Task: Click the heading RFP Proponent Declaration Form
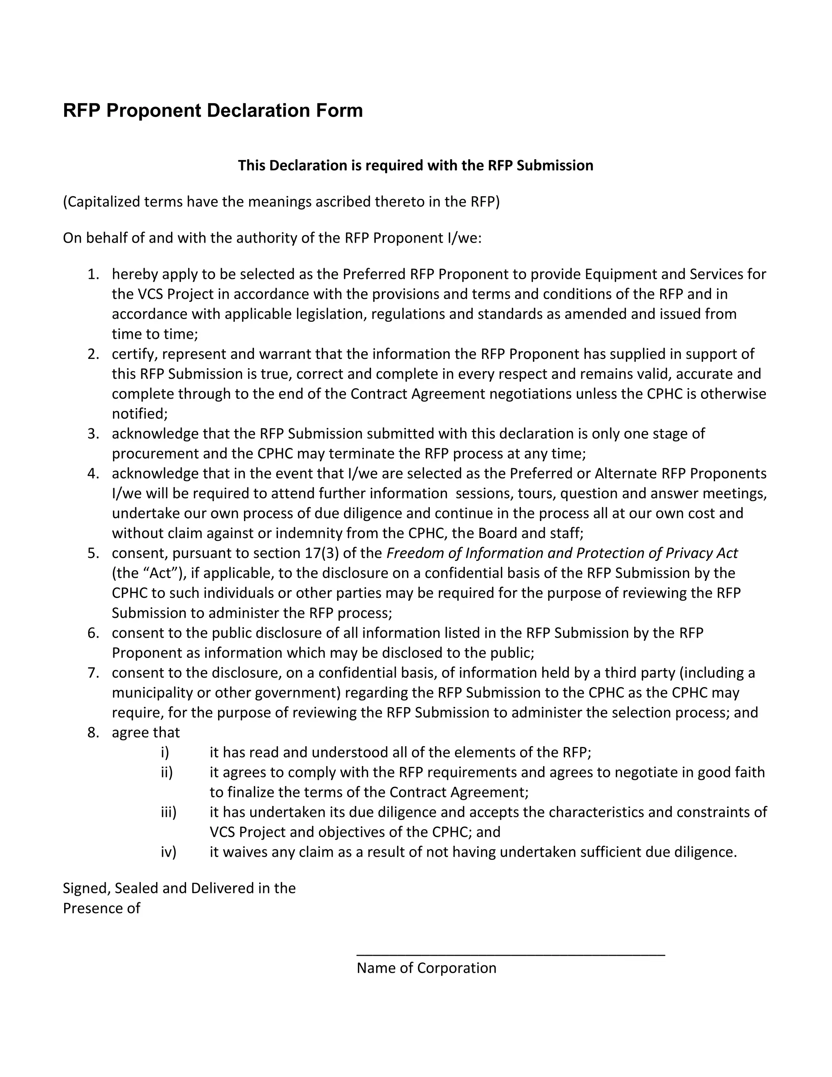coord(212,111)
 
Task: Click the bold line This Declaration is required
coord(415,165)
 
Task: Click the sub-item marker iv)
coord(168,852)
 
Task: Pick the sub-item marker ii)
coord(167,772)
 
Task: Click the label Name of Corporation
coord(426,968)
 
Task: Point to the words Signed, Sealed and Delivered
coord(179,888)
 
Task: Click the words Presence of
coord(101,908)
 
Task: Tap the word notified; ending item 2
coord(139,414)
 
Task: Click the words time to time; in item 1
coord(154,334)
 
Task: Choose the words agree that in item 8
coord(145,733)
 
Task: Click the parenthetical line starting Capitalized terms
coord(281,202)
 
